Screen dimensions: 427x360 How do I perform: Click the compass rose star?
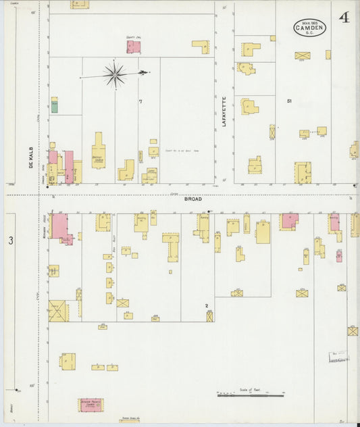click(115, 74)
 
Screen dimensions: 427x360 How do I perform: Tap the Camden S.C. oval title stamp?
click(310, 28)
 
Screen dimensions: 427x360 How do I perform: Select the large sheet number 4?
click(344, 18)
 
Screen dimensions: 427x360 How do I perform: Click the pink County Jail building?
click(133, 47)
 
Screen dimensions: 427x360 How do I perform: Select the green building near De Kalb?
click(55, 105)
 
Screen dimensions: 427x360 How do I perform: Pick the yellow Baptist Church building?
click(99, 150)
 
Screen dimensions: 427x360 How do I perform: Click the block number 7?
click(140, 102)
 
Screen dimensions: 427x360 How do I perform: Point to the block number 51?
click(288, 101)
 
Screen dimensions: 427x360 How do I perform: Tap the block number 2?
click(207, 305)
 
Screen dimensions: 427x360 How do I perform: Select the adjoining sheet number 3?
click(10, 241)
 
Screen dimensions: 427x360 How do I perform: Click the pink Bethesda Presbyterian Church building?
click(91, 404)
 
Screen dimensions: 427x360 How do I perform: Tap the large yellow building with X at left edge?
click(57, 311)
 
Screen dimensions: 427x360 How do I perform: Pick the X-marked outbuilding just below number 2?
click(210, 316)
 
